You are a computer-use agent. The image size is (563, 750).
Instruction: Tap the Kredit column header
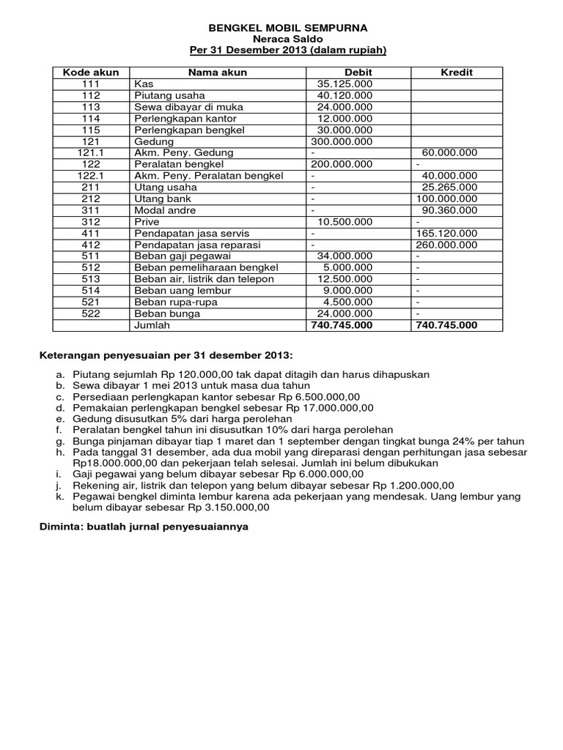pyautogui.click(x=456, y=73)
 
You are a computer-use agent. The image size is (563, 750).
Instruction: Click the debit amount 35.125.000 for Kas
pyautogui.click(x=345, y=84)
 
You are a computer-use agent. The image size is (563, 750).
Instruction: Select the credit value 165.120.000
pyautogui.click(x=446, y=233)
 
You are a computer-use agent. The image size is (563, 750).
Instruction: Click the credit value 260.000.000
pyautogui.click(x=446, y=245)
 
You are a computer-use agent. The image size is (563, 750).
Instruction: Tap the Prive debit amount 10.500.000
pyautogui.click(x=345, y=221)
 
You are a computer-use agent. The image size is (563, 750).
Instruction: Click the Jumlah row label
pyautogui.click(x=151, y=325)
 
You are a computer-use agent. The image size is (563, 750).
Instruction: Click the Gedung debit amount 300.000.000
pyautogui.click(x=342, y=141)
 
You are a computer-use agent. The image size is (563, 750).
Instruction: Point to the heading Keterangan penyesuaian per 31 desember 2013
pyautogui.click(x=165, y=356)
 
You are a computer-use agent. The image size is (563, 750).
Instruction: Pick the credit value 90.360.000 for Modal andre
pyautogui.click(x=449, y=210)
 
